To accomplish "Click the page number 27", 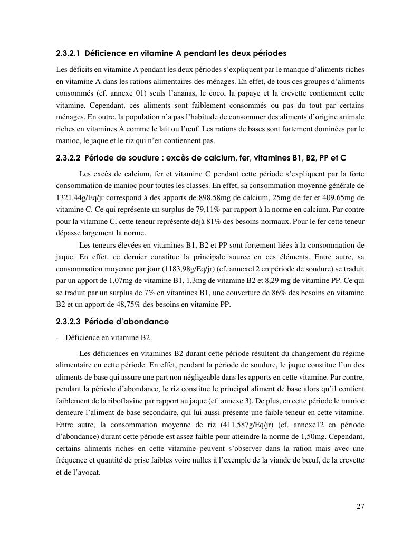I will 360,507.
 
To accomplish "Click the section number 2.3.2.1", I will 68,53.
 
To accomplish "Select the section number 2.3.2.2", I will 68,158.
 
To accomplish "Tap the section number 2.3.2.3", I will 68,321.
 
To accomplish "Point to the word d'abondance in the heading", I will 141,321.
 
